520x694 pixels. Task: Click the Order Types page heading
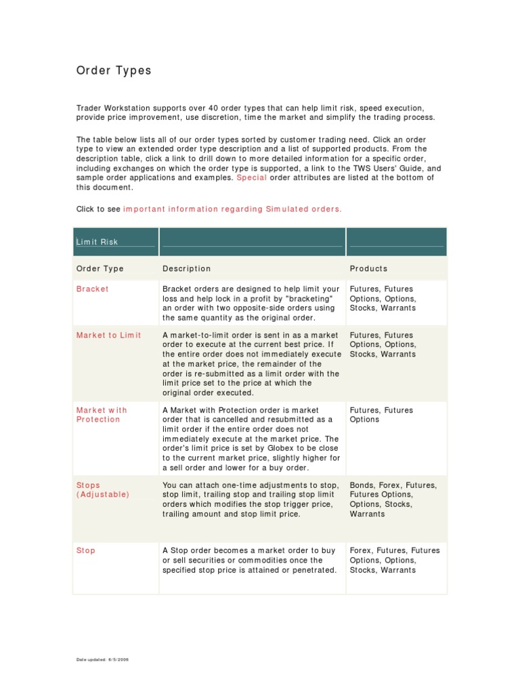pos(113,71)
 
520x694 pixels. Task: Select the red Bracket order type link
pos(92,289)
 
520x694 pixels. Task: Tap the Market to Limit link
pos(108,335)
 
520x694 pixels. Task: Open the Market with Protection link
pos(102,415)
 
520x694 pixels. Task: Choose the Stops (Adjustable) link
pos(102,490)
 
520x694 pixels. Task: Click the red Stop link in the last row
pos(86,550)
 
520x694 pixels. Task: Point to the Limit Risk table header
pos(97,242)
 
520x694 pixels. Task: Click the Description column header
pos(186,268)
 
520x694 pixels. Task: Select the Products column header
pos(368,268)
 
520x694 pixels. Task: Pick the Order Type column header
pos(100,268)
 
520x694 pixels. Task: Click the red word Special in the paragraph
pos(251,178)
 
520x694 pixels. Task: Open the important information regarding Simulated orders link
pos(232,209)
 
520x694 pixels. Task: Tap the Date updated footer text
pos(102,659)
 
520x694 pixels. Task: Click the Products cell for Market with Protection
pos(381,415)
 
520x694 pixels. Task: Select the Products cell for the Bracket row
pos(383,298)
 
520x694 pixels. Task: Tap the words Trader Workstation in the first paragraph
pos(110,108)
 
